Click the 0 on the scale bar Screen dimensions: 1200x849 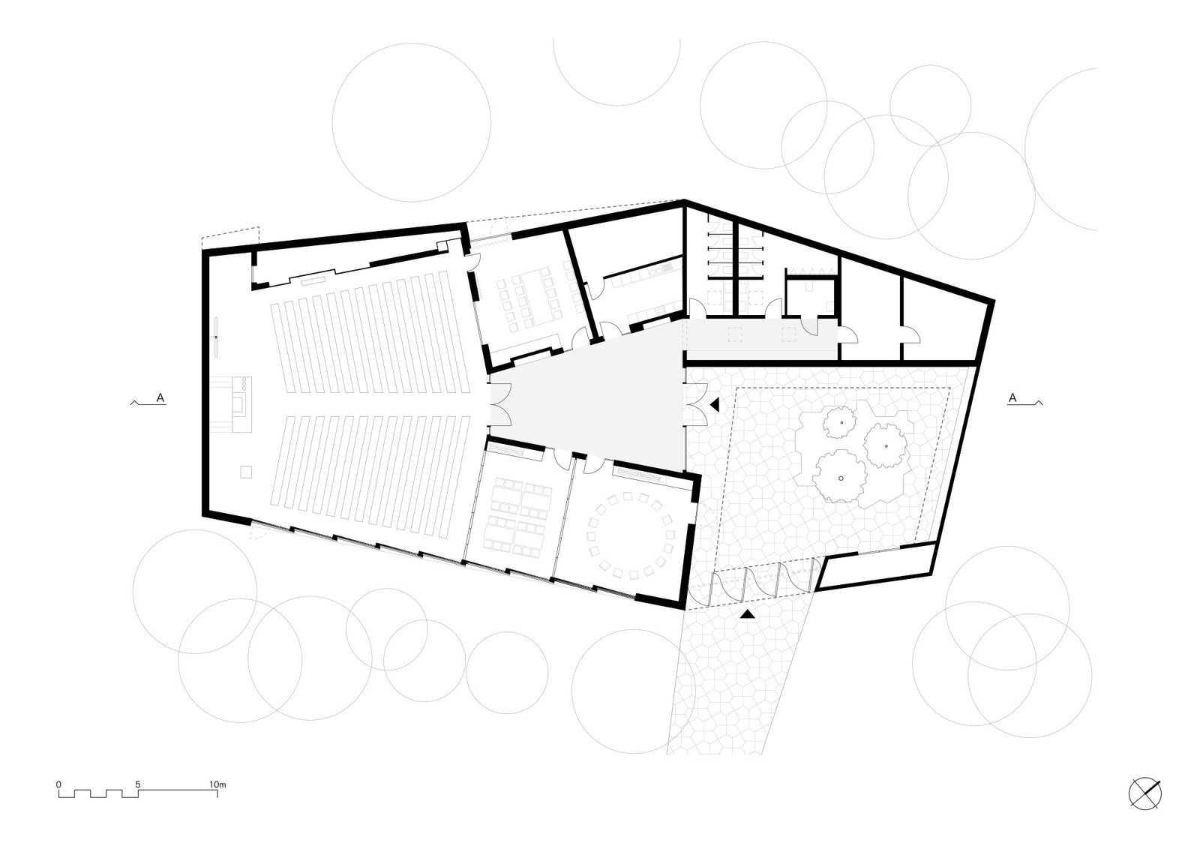tap(58, 784)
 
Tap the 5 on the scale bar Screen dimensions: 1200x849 tap(138, 784)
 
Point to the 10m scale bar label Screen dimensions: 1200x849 tap(217, 784)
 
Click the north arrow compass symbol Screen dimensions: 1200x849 tap(1145, 793)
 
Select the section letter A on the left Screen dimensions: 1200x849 tap(160, 398)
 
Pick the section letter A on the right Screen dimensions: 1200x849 tap(1012, 398)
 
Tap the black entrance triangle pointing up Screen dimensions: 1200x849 tap(747, 615)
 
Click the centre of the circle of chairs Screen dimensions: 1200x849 tap(631, 535)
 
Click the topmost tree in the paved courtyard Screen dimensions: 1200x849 tap(839, 422)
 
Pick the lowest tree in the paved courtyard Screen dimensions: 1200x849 tap(839, 476)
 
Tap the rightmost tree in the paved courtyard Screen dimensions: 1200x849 tap(886, 445)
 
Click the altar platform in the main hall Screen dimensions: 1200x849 tap(232, 404)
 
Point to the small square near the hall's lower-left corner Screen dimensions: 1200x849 tap(246, 472)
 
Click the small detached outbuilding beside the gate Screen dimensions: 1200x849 tap(877, 566)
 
